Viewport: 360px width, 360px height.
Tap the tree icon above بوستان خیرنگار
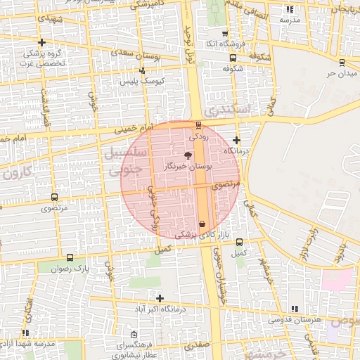point(188,155)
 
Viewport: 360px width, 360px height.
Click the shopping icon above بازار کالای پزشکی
point(202,224)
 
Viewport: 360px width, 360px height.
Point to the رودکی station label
point(199,134)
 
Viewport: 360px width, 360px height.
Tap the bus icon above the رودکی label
point(198,124)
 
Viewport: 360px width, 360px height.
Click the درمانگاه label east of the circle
point(237,151)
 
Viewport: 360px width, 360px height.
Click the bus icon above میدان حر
point(342,62)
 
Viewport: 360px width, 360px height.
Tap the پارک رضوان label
point(70,268)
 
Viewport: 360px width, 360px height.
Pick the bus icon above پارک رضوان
point(70,257)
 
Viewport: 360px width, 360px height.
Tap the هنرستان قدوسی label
point(294,320)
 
